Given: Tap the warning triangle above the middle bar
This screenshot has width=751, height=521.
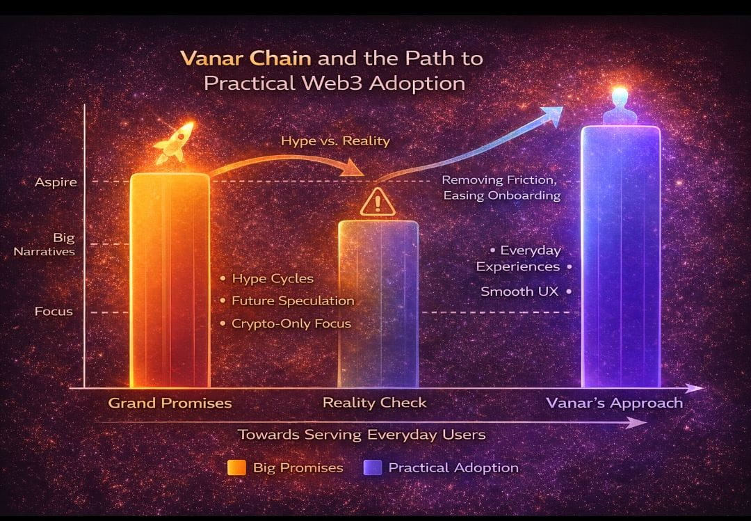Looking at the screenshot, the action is click(x=378, y=202).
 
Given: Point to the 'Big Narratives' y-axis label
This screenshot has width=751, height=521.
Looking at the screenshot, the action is click(x=45, y=244).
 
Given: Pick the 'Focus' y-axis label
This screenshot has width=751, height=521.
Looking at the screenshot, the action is click(x=54, y=312).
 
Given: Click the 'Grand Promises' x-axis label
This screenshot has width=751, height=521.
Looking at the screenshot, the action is click(x=170, y=403).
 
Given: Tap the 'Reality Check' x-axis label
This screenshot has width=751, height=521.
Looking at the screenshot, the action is click(x=375, y=403).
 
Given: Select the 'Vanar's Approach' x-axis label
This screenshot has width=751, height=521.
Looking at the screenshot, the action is click(x=614, y=403).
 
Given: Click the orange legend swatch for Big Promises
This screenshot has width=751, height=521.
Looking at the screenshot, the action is click(x=236, y=467).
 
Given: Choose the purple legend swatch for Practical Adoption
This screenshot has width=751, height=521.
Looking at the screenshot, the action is click(x=372, y=467).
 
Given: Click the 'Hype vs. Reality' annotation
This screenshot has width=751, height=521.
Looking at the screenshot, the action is click(x=335, y=141).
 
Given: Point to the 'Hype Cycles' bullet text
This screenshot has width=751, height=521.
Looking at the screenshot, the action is click(x=273, y=279).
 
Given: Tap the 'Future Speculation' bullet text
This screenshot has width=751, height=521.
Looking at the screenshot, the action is click(x=293, y=301).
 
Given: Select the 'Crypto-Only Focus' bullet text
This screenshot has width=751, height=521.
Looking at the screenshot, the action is click(x=291, y=323).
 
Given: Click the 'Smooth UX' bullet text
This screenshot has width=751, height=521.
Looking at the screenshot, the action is click(x=519, y=292).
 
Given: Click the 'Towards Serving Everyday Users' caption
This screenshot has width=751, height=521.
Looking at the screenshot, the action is click(x=362, y=435).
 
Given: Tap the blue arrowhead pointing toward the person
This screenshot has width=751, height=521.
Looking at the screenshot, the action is click(x=554, y=114).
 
